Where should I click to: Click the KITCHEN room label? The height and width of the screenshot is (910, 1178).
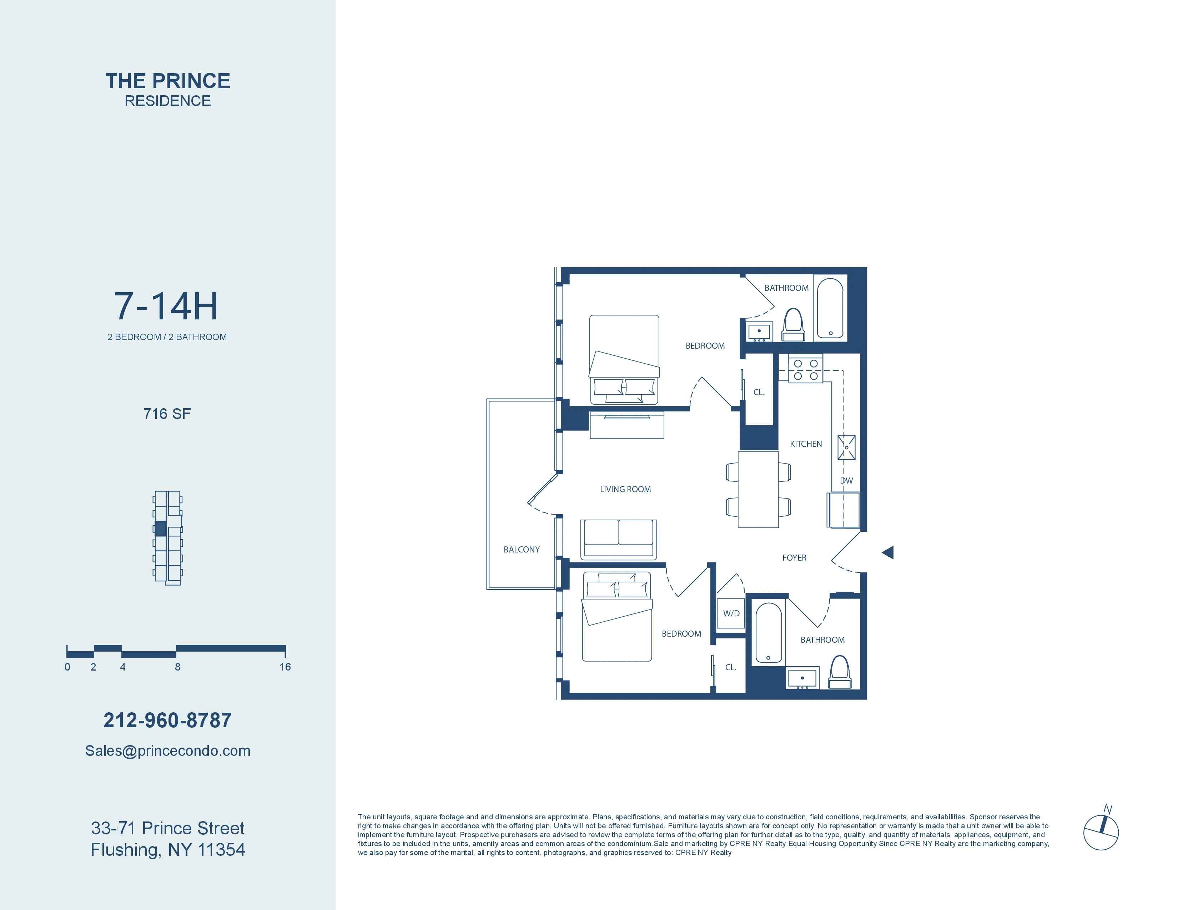(x=806, y=444)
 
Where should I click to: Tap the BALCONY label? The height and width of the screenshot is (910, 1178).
(x=521, y=549)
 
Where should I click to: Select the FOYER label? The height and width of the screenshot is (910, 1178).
(x=794, y=557)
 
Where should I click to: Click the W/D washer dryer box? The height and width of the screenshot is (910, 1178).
(x=731, y=613)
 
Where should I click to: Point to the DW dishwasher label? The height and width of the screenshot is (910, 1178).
(x=846, y=480)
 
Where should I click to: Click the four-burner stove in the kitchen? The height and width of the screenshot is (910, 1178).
(x=805, y=369)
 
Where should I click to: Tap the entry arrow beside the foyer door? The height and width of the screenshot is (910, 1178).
(x=888, y=552)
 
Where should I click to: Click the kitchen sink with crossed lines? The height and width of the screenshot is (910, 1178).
(x=846, y=448)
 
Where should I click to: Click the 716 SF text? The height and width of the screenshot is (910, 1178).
(x=167, y=414)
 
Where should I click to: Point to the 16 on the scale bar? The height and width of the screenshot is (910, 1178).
(x=285, y=667)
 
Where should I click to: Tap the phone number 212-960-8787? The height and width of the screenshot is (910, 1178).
(x=167, y=720)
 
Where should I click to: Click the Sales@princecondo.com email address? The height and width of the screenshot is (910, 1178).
(x=167, y=750)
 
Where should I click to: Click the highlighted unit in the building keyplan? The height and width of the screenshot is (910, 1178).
(x=160, y=528)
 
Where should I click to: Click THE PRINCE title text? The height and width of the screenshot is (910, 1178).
(x=167, y=81)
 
